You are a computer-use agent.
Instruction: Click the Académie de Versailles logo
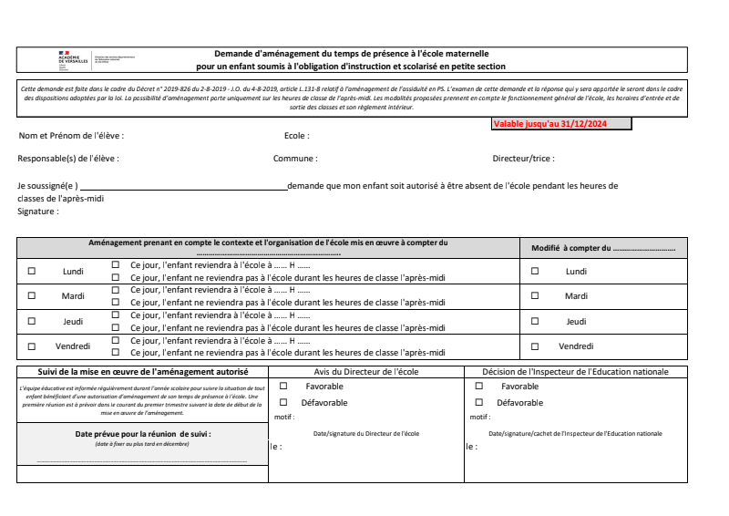point(73,59)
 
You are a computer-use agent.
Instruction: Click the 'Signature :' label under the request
point(38,212)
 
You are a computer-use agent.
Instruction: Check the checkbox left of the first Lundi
point(32,271)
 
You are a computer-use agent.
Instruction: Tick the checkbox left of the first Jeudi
point(32,321)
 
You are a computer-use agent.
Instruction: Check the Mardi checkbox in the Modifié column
point(535,295)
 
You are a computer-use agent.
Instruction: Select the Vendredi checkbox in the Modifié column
point(535,346)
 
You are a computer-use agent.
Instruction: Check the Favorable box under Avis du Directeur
point(283,387)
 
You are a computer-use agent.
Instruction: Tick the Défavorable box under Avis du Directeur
point(283,402)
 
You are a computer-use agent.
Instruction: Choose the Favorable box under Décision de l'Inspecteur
point(479,387)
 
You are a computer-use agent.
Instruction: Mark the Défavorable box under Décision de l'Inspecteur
point(479,402)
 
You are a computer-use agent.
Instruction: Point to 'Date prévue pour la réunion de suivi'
point(142,434)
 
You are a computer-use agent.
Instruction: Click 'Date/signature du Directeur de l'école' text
point(365,434)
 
